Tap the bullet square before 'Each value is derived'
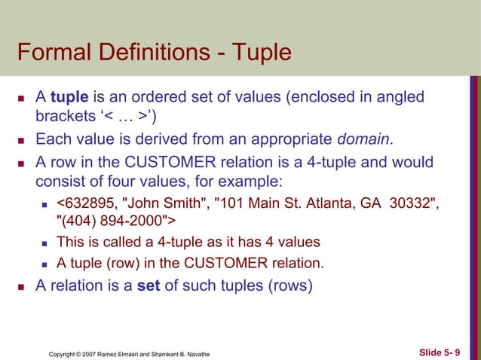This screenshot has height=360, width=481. [22, 140]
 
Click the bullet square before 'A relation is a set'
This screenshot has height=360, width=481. [22, 286]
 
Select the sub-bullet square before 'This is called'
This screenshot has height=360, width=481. [46, 243]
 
